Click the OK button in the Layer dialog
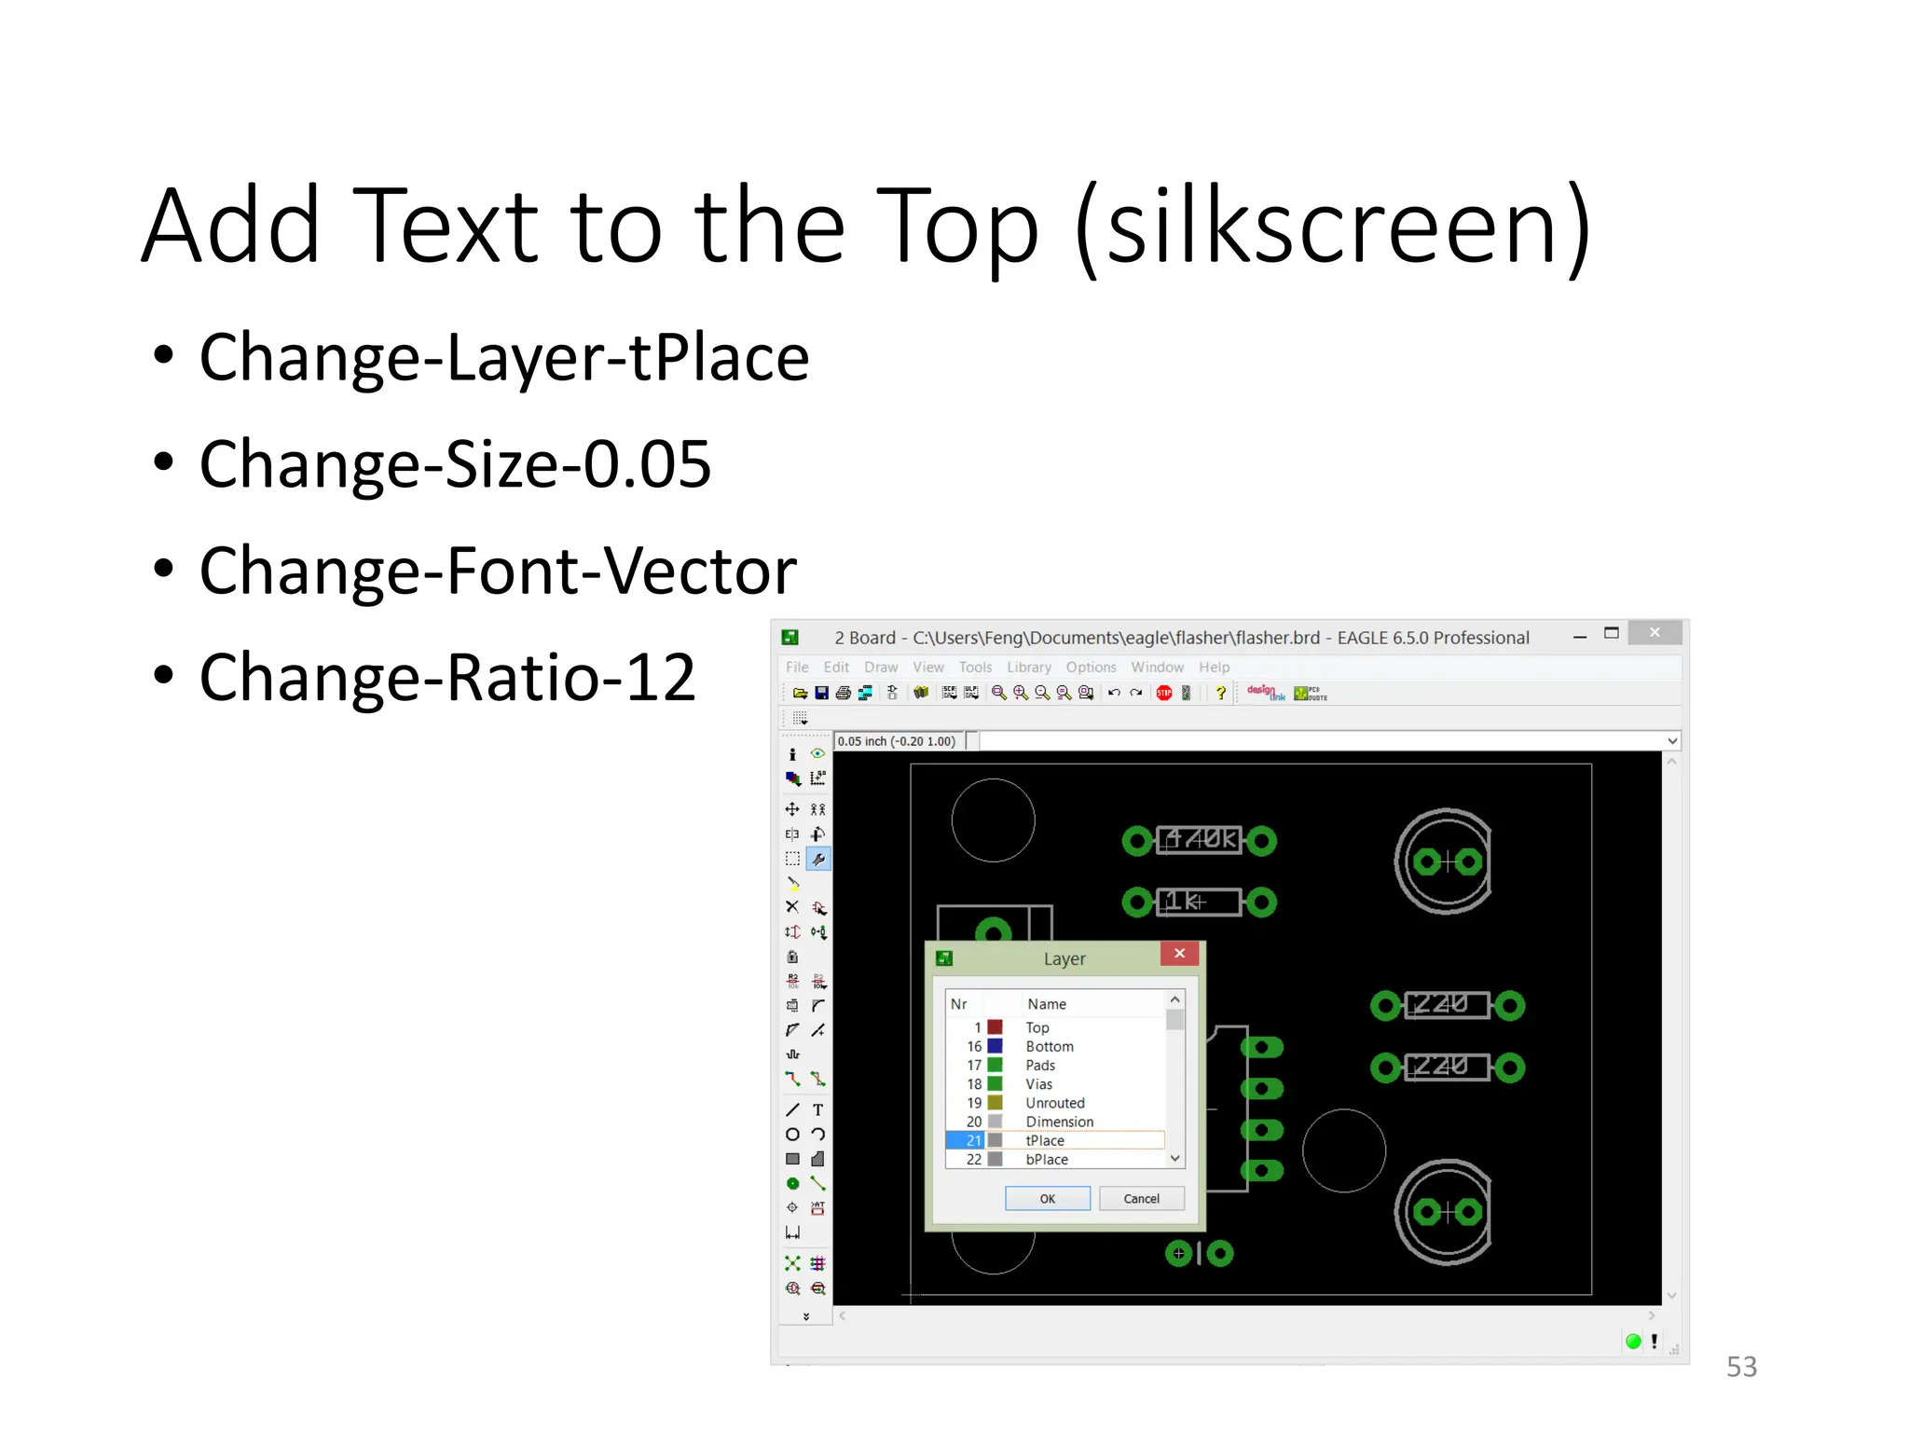[1047, 1199]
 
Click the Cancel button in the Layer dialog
[1141, 1199]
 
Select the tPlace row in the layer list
[1045, 1140]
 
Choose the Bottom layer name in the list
[1050, 1047]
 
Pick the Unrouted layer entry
[1055, 1103]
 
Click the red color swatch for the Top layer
[996, 1027]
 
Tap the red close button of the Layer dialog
[1179, 953]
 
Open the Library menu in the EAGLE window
[1028, 668]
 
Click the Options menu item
[1091, 668]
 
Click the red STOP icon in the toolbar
[1164, 693]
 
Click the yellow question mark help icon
[1220, 693]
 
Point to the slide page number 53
[1741, 1367]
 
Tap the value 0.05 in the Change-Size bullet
[647, 464]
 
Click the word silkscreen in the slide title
[1332, 227]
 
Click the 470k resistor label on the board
[1201, 840]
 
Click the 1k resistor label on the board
[1185, 902]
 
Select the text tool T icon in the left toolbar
[817, 1110]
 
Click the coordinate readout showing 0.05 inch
[896, 741]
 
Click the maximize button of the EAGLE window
[1612, 633]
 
